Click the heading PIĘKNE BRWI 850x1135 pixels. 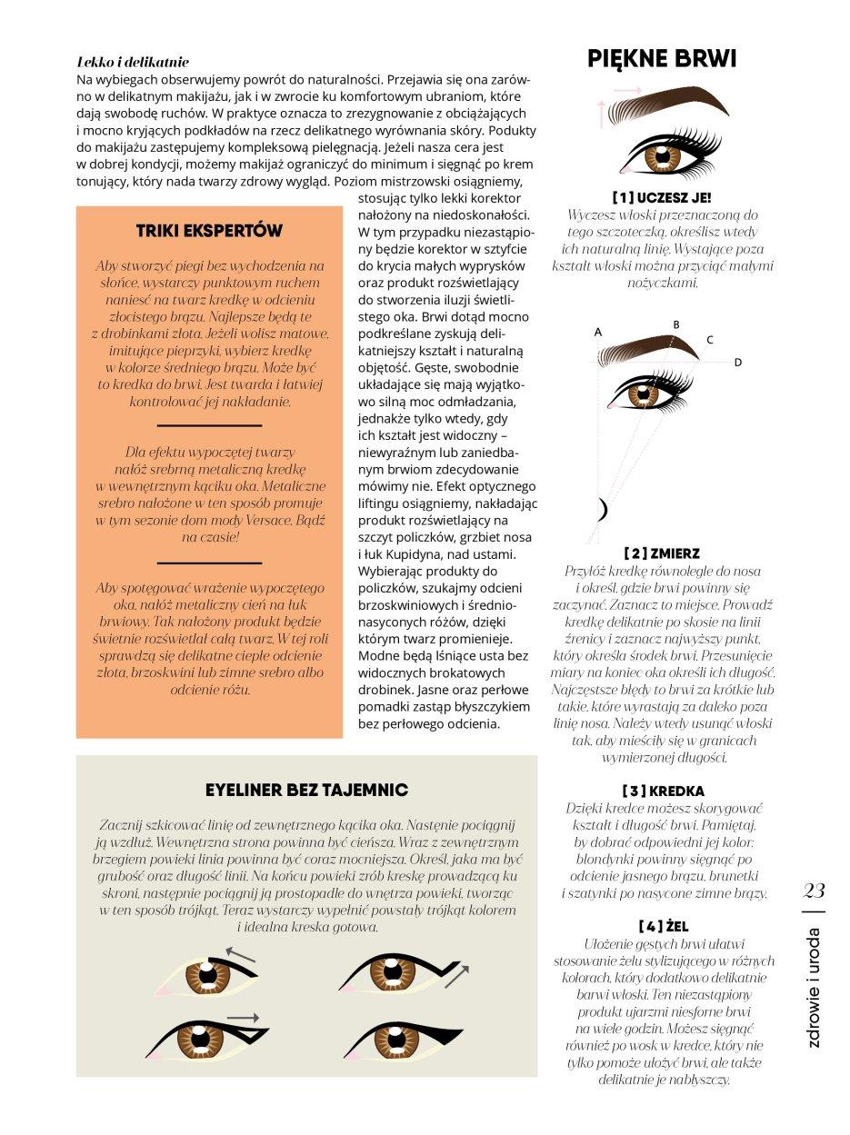[662, 60]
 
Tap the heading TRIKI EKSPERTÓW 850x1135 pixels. [209, 231]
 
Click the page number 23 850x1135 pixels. [814, 891]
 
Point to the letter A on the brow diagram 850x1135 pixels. [598, 333]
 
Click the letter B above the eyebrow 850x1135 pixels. [675, 324]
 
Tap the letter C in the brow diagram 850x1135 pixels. [709, 340]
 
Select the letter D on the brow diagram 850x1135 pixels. [737, 363]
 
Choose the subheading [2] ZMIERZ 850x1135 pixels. [661, 553]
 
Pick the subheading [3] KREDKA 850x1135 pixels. [662, 791]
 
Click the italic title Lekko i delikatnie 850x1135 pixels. [133, 63]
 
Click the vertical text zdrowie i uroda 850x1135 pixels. [814, 986]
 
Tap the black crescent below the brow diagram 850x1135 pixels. [601, 512]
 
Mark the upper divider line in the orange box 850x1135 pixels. [209, 424]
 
